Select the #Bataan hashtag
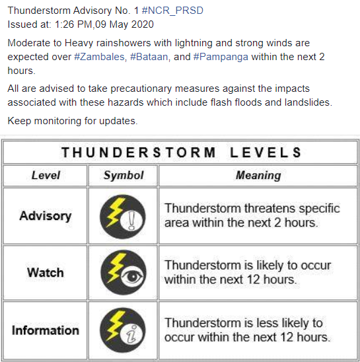[x=150, y=57]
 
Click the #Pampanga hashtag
[x=221, y=57]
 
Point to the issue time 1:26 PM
[x=75, y=24]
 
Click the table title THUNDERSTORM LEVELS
[x=181, y=153]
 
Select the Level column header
[x=46, y=175]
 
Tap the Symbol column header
[x=123, y=175]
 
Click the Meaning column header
[x=258, y=175]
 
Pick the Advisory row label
[x=46, y=215]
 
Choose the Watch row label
[x=46, y=272]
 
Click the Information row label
[x=46, y=330]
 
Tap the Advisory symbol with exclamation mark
[x=123, y=215]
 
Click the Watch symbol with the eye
[x=123, y=272]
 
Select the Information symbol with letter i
[x=123, y=330]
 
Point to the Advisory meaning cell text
[x=252, y=215]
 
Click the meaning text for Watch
[x=248, y=272]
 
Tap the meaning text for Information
[x=246, y=330]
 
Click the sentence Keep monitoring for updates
[x=73, y=121]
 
